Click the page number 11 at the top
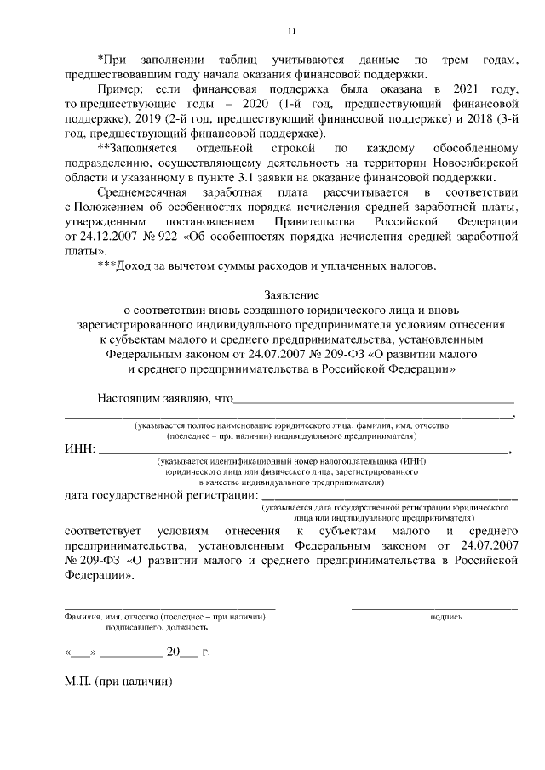[291, 32]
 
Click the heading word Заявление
[291, 296]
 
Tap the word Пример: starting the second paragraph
[123, 88]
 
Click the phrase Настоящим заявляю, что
[164, 398]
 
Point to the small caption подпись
[446, 616]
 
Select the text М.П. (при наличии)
[118, 682]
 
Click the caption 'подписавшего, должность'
[157, 628]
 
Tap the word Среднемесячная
[143, 192]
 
